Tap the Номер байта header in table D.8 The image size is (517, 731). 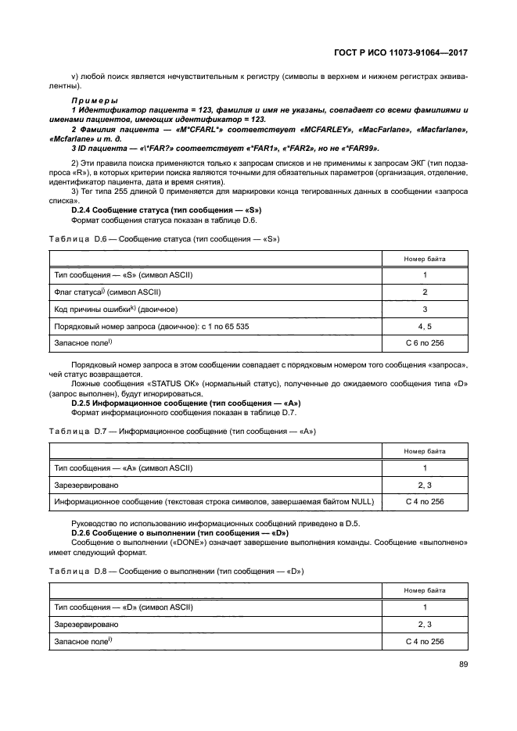point(425,590)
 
